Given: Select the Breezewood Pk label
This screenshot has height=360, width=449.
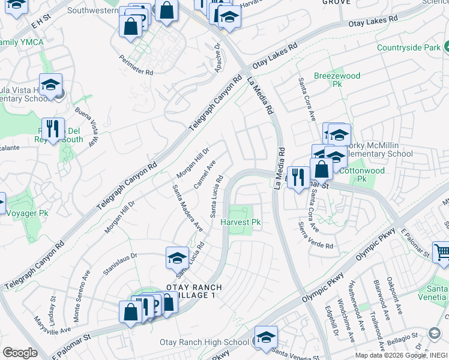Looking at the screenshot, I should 337,80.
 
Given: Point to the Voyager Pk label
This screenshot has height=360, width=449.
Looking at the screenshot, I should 26,212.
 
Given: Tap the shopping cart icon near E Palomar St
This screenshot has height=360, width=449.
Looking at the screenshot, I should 441,251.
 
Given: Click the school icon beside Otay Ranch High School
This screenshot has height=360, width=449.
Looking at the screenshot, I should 266,336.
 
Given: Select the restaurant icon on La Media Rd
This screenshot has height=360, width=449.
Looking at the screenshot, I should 298,176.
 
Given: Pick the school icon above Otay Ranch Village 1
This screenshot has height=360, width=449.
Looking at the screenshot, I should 177,258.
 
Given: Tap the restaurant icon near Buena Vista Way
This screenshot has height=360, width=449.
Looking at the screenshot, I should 53,128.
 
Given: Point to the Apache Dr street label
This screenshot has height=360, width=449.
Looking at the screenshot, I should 217,58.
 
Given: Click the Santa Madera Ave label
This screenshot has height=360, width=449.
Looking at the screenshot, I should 187,208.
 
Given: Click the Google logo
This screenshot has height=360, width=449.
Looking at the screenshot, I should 20,353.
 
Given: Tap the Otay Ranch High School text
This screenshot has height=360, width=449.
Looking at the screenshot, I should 204,343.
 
